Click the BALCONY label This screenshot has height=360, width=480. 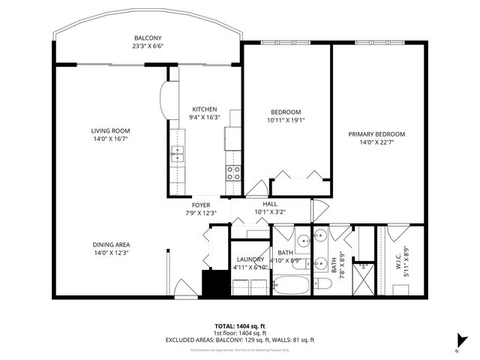click(x=148, y=38)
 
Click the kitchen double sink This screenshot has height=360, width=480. click(x=177, y=154)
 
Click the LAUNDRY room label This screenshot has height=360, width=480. click(x=250, y=259)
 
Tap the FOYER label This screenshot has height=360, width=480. click(x=201, y=205)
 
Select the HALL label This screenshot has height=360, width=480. click(x=271, y=204)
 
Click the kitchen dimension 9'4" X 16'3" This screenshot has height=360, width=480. click(x=204, y=117)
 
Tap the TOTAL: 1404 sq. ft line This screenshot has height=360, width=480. click(x=240, y=326)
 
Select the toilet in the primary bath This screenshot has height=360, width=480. click(x=323, y=283)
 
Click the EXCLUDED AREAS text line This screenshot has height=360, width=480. click(x=240, y=340)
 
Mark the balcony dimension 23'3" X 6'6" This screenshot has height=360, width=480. click(x=148, y=46)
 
